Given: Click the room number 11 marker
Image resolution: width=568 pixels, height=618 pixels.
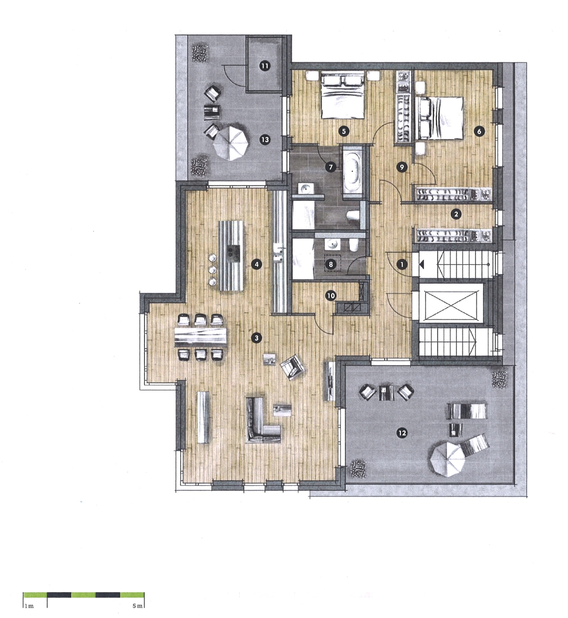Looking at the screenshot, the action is [264, 66].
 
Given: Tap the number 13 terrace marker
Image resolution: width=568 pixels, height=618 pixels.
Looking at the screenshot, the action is [264, 140].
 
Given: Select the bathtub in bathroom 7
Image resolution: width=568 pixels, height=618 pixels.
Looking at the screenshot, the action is [352, 170].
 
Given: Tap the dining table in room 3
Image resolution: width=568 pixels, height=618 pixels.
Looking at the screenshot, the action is [201, 337].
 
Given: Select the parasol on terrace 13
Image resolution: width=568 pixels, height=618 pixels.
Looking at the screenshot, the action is [231, 142].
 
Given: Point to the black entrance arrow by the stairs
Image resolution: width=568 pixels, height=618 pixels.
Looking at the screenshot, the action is [421, 264].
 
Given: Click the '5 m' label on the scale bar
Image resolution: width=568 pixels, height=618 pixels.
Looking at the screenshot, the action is [138, 606].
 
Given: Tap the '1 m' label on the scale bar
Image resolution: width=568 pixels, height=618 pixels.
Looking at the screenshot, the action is [29, 606].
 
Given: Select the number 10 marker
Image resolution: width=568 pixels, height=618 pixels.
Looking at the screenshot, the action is [330, 296].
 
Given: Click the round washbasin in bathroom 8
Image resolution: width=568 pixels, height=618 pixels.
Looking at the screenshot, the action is [332, 245].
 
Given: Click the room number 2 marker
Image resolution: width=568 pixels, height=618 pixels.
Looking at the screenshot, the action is [456, 214].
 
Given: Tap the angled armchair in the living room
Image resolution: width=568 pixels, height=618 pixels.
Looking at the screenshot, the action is [292, 367].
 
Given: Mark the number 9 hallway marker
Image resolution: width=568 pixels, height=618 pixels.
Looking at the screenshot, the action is [402, 167].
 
